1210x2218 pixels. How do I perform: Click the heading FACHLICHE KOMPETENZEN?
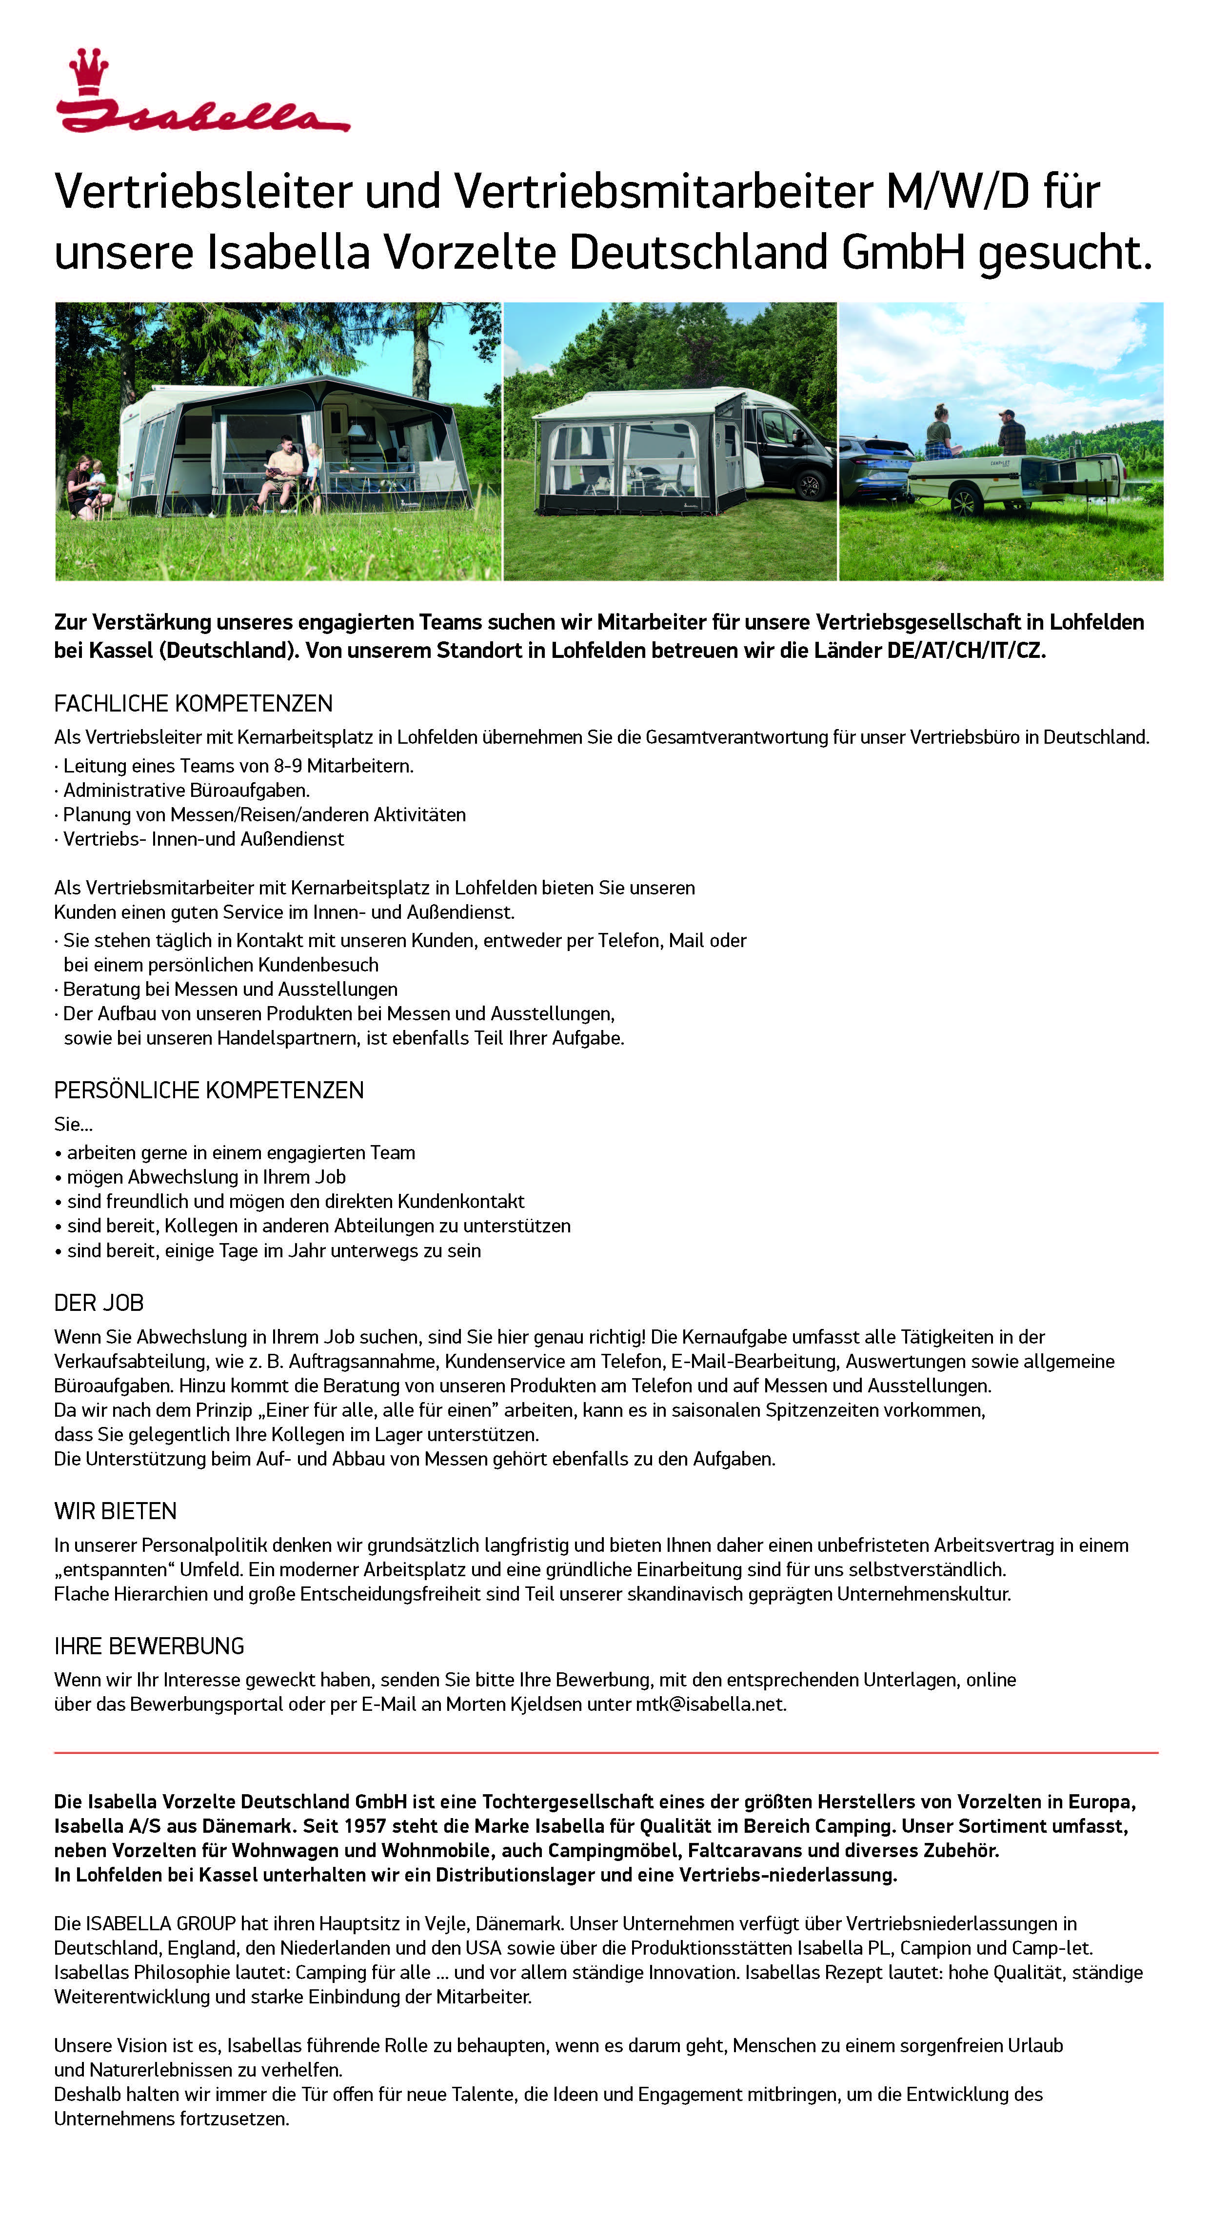[x=193, y=703]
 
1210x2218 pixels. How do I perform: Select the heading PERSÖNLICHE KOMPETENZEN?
[x=208, y=1090]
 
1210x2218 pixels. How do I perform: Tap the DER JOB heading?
[x=98, y=1303]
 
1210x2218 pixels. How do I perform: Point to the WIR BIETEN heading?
[x=115, y=1511]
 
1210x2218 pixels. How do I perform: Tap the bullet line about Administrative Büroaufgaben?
[x=186, y=790]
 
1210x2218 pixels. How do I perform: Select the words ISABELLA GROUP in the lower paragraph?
[x=160, y=1923]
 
